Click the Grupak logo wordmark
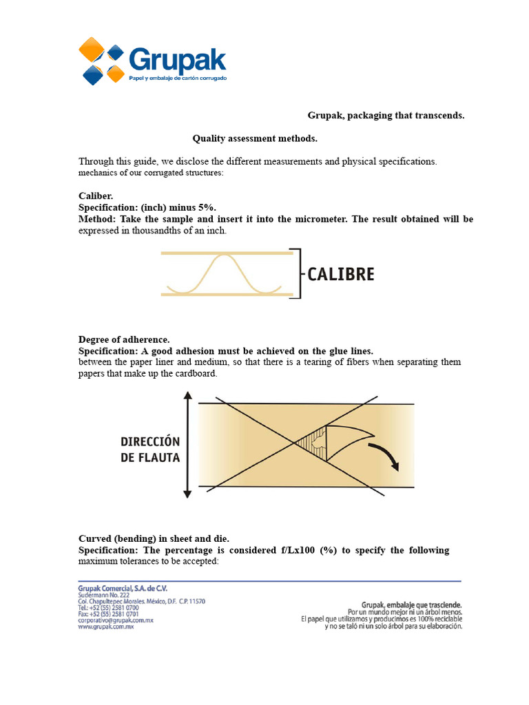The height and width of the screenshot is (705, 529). [177, 59]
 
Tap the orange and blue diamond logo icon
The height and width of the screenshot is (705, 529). [102, 61]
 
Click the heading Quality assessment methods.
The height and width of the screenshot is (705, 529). [255, 138]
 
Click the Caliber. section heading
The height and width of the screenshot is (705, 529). [95, 196]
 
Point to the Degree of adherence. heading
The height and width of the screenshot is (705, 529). [124, 339]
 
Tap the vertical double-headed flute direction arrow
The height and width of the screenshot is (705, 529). [187, 444]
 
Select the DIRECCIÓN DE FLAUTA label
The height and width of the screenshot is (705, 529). [150, 449]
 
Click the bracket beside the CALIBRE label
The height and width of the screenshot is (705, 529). [297, 273]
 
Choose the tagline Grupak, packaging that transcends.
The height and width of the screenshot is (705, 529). [386, 115]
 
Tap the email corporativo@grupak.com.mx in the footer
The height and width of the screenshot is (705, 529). [115, 620]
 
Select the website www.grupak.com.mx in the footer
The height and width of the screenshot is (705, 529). [105, 627]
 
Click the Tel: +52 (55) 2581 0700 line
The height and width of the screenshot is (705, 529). [108, 608]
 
